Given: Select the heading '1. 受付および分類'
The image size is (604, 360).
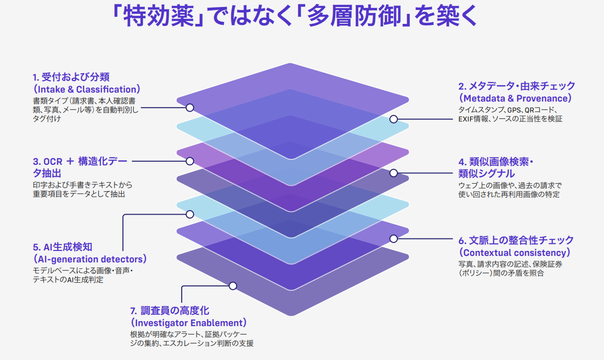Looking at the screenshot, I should tap(71, 77).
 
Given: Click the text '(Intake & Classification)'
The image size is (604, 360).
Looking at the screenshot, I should tap(87, 90).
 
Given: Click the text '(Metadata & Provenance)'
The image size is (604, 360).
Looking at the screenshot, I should tap(515, 98).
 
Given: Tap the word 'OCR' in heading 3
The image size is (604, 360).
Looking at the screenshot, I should tap(52, 162).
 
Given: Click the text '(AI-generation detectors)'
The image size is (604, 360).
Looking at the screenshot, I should tap(90, 259).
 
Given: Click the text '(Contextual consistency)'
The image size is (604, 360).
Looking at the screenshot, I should tap(515, 252).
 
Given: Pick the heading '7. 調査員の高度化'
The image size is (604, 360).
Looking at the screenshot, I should tap(170, 311).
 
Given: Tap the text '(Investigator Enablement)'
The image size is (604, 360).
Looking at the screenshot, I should tap(188, 323).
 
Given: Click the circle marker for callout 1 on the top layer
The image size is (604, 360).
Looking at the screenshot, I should tap(190, 108).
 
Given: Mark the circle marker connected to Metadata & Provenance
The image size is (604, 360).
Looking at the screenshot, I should tap(393, 120).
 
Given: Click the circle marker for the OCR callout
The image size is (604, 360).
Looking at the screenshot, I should tap(190, 161).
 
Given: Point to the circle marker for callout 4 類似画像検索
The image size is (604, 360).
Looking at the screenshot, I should tap(393, 173).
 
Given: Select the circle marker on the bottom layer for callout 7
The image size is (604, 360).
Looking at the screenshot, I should tap(233, 286).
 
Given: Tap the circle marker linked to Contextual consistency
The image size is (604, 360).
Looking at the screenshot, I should tap(393, 239).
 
